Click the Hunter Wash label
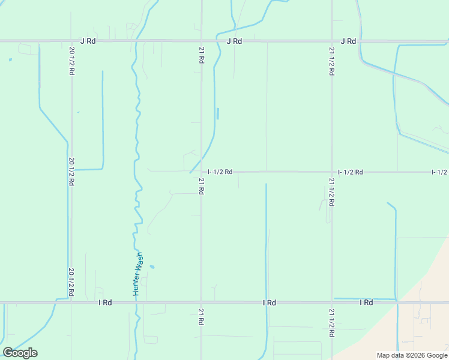point(138,274)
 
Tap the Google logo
point(20,353)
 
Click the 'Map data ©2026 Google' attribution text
point(412,355)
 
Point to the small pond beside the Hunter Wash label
point(152,267)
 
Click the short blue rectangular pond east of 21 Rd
point(217,113)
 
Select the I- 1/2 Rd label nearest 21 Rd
point(220,172)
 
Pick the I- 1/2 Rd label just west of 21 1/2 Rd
point(351,172)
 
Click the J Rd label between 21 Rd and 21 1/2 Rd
point(234,41)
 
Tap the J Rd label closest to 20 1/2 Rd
point(88,41)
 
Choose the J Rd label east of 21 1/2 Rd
point(348,41)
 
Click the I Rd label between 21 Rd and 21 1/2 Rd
point(269,303)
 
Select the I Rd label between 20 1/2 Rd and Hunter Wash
point(105,303)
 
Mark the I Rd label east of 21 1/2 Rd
point(366,303)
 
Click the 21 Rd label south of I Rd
point(201,317)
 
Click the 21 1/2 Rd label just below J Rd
point(332,61)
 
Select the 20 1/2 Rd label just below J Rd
point(71,61)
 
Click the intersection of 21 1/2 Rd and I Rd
point(332,302)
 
